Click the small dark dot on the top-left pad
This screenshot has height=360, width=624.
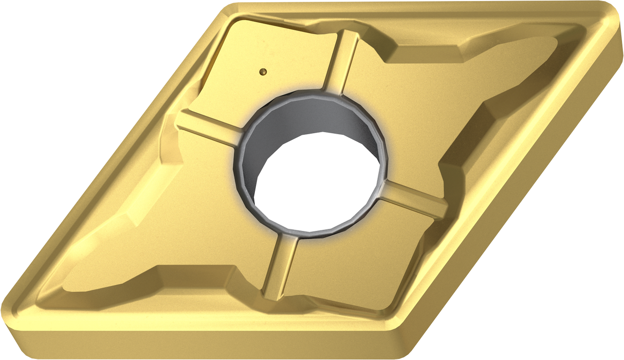pyautogui.click(x=263, y=71)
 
